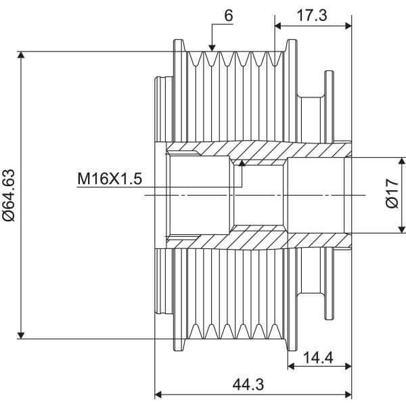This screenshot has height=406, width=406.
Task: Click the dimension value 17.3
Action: click(311, 16)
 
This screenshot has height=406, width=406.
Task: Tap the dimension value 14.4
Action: click(318, 357)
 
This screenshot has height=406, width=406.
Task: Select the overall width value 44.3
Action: click(248, 384)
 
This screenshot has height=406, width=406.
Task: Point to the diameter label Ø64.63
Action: click(9, 196)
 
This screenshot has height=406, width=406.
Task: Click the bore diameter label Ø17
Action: click(392, 193)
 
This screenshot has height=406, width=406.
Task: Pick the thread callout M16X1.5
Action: click(110, 179)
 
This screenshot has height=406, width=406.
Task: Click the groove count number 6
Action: click(229, 16)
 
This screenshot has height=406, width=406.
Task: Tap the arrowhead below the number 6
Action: click(212, 48)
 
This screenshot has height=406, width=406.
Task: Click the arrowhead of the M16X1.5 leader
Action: click(242, 163)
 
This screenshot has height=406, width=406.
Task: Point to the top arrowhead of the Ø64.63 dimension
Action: click(21, 55)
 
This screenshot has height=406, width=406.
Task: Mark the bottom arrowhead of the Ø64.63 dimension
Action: click(21, 335)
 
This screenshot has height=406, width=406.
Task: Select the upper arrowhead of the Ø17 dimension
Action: click(401, 160)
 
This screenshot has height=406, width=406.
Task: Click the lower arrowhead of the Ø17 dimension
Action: click(401, 229)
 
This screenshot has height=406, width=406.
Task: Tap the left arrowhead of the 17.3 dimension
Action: click(278, 26)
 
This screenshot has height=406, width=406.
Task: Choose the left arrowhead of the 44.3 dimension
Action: click(158, 394)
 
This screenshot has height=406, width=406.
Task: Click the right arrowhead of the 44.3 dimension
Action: click(348, 394)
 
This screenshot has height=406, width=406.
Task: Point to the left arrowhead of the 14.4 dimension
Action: click(291, 366)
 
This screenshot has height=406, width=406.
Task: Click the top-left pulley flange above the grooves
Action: click(179, 45)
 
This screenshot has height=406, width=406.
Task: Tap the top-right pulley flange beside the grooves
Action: click(291, 45)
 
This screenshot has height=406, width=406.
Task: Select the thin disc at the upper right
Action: click(329, 107)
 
